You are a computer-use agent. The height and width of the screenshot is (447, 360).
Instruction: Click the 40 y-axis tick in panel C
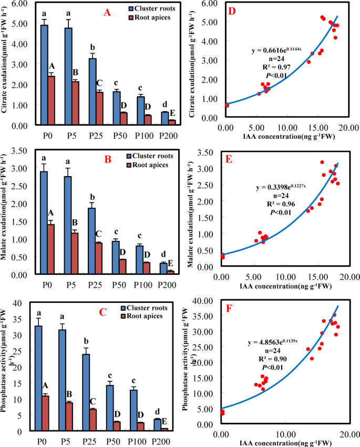[22, 302]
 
